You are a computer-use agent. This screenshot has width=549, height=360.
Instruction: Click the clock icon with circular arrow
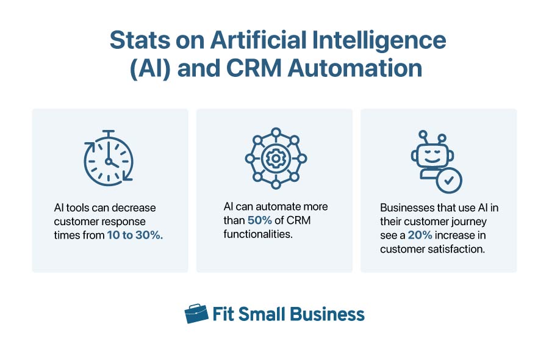109,159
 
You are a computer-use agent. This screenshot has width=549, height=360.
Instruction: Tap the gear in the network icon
275,159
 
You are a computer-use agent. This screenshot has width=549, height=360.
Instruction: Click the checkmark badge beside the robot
450,180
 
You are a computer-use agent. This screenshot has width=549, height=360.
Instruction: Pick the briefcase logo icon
196,314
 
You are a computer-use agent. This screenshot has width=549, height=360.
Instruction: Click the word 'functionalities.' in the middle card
259,234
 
